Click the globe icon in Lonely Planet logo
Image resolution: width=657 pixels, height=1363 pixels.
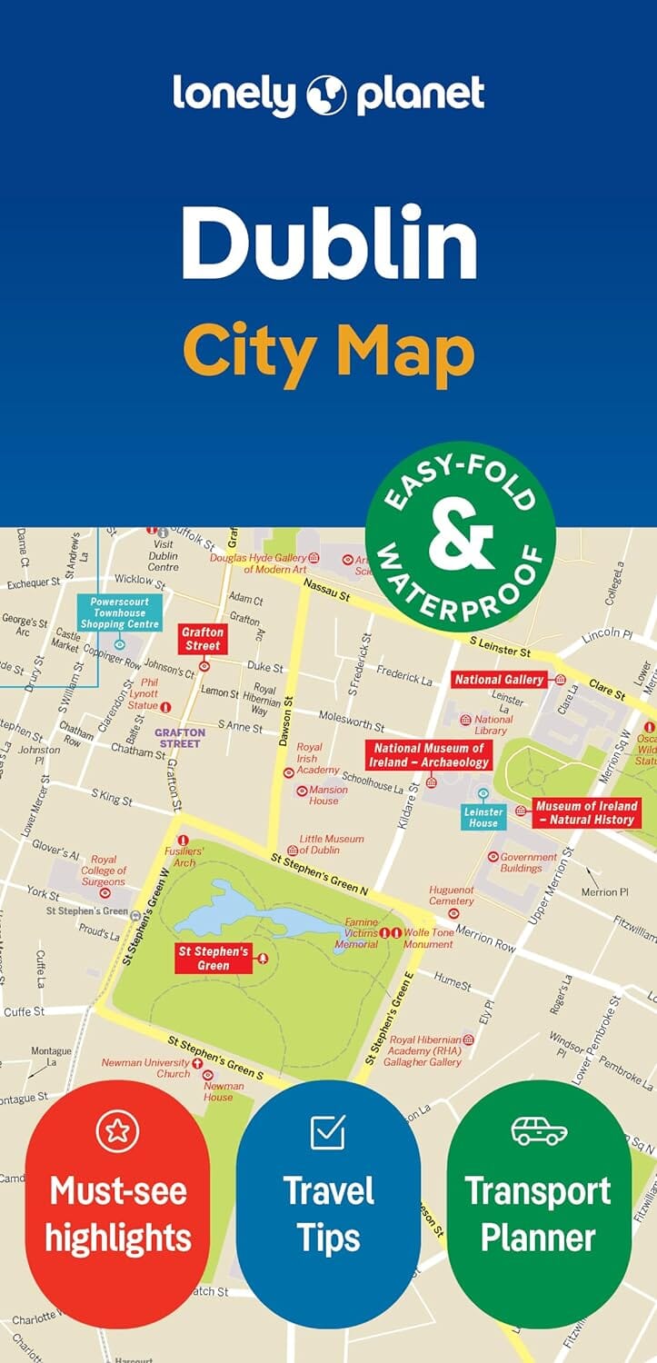(328, 95)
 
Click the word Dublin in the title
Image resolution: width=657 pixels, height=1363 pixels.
(328, 244)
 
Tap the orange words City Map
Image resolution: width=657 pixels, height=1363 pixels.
(328, 353)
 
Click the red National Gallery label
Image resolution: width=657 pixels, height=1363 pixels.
(499, 680)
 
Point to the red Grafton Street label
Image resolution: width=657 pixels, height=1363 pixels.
(202, 639)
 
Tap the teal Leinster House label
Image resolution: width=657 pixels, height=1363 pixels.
(483, 817)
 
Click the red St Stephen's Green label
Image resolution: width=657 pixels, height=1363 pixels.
(213, 958)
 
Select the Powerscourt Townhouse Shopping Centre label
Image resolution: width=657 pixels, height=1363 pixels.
(119, 612)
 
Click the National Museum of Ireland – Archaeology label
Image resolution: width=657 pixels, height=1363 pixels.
(428, 755)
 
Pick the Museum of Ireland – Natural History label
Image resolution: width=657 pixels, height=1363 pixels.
(586, 812)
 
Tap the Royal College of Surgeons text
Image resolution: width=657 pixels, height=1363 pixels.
(104, 871)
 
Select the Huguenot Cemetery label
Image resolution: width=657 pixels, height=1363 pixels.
(452, 895)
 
